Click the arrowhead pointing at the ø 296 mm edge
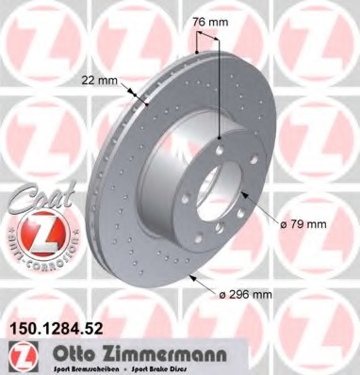coord(191,277)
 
